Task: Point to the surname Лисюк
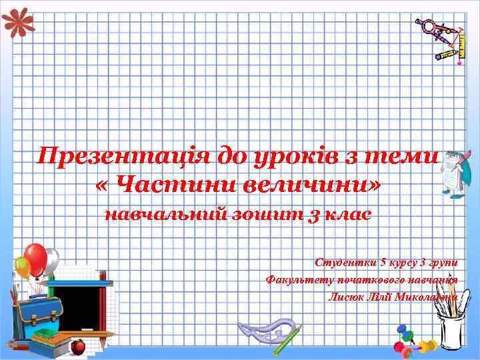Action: coord(345,296)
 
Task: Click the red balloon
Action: coord(36,257)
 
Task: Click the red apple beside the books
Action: coord(78,346)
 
